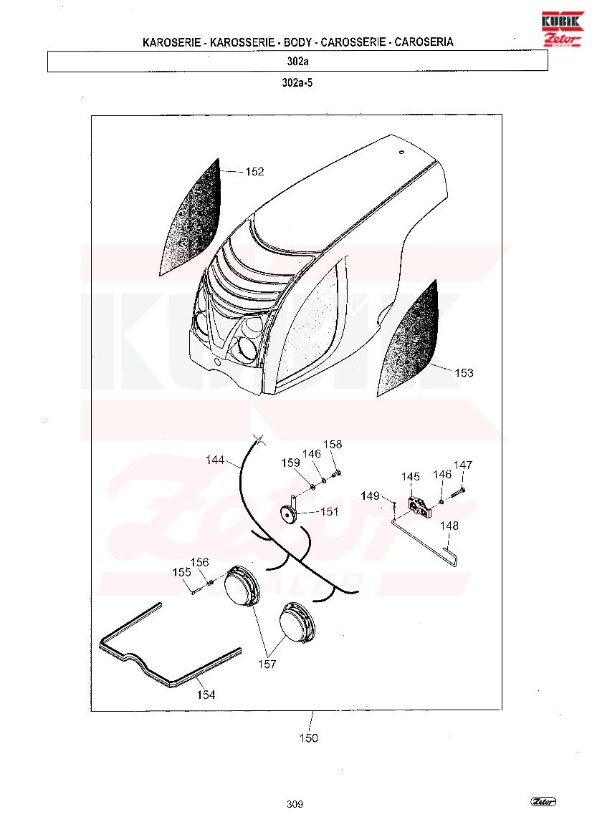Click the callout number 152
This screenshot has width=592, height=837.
(x=255, y=171)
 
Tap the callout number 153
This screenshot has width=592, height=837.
(x=464, y=372)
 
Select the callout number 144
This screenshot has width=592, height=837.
(x=215, y=460)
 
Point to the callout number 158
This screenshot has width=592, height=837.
(x=333, y=444)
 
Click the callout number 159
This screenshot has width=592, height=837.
(x=291, y=463)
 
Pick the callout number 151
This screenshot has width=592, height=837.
(x=330, y=511)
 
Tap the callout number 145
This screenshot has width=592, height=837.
(x=411, y=476)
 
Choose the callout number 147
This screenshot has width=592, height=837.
(x=463, y=465)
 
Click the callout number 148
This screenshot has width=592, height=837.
(x=449, y=526)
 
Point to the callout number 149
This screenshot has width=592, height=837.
(x=371, y=496)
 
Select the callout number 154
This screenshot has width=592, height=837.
(x=206, y=695)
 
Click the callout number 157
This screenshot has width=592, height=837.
(x=267, y=664)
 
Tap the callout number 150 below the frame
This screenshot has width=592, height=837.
(x=309, y=737)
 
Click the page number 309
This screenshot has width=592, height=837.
(x=295, y=804)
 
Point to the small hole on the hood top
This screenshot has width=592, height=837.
(x=402, y=152)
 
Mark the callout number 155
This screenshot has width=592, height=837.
(x=181, y=572)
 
